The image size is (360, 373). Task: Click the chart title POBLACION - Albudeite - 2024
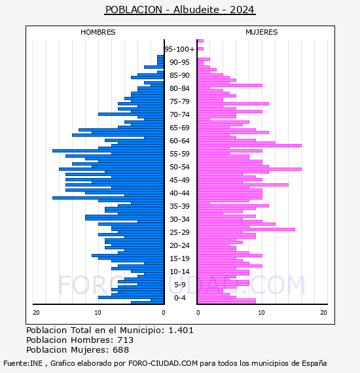point(180,10)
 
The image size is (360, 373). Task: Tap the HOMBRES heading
point(98,32)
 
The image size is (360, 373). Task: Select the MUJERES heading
point(262,32)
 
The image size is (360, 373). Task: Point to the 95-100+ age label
point(179,49)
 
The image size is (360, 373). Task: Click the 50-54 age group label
point(179,167)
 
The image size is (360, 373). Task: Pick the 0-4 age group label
point(180,298)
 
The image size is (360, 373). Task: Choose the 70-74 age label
point(179,115)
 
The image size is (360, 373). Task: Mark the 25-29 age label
point(179,232)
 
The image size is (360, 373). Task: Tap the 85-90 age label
point(179,75)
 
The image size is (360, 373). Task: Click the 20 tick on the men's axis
point(36,312)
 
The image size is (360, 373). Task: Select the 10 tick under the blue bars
point(98,312)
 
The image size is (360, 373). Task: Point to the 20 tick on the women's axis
point(323,312)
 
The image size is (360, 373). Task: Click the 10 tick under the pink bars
point(261,312)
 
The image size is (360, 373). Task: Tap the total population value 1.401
point(181,330)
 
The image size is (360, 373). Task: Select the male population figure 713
point(126,340)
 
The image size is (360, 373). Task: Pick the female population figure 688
point(121,349)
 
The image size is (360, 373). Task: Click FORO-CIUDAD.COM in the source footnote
point(163,363)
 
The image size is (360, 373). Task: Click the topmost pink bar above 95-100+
point(200,41)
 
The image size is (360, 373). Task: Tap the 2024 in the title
point(242,10)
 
